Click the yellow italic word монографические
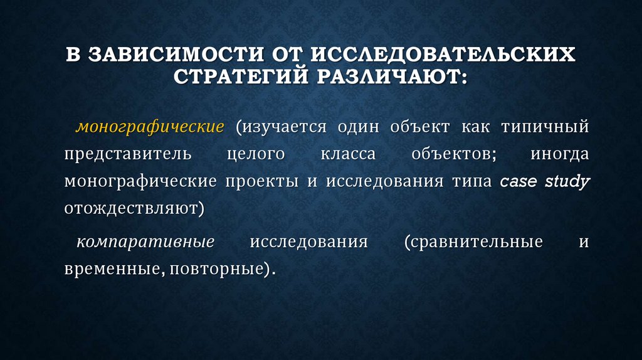point(150,127)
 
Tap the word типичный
point(545,127)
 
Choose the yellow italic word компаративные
point(145,242)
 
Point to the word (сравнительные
point(473,242)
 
